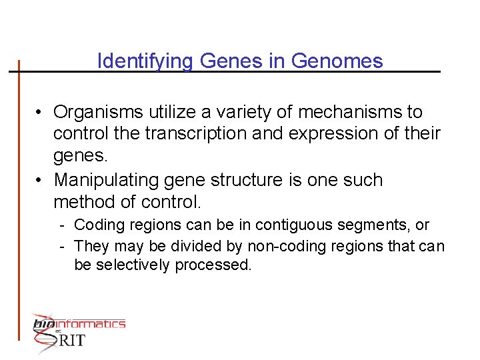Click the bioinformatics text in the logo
pos(79,324)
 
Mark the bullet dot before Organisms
pos(41,112)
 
